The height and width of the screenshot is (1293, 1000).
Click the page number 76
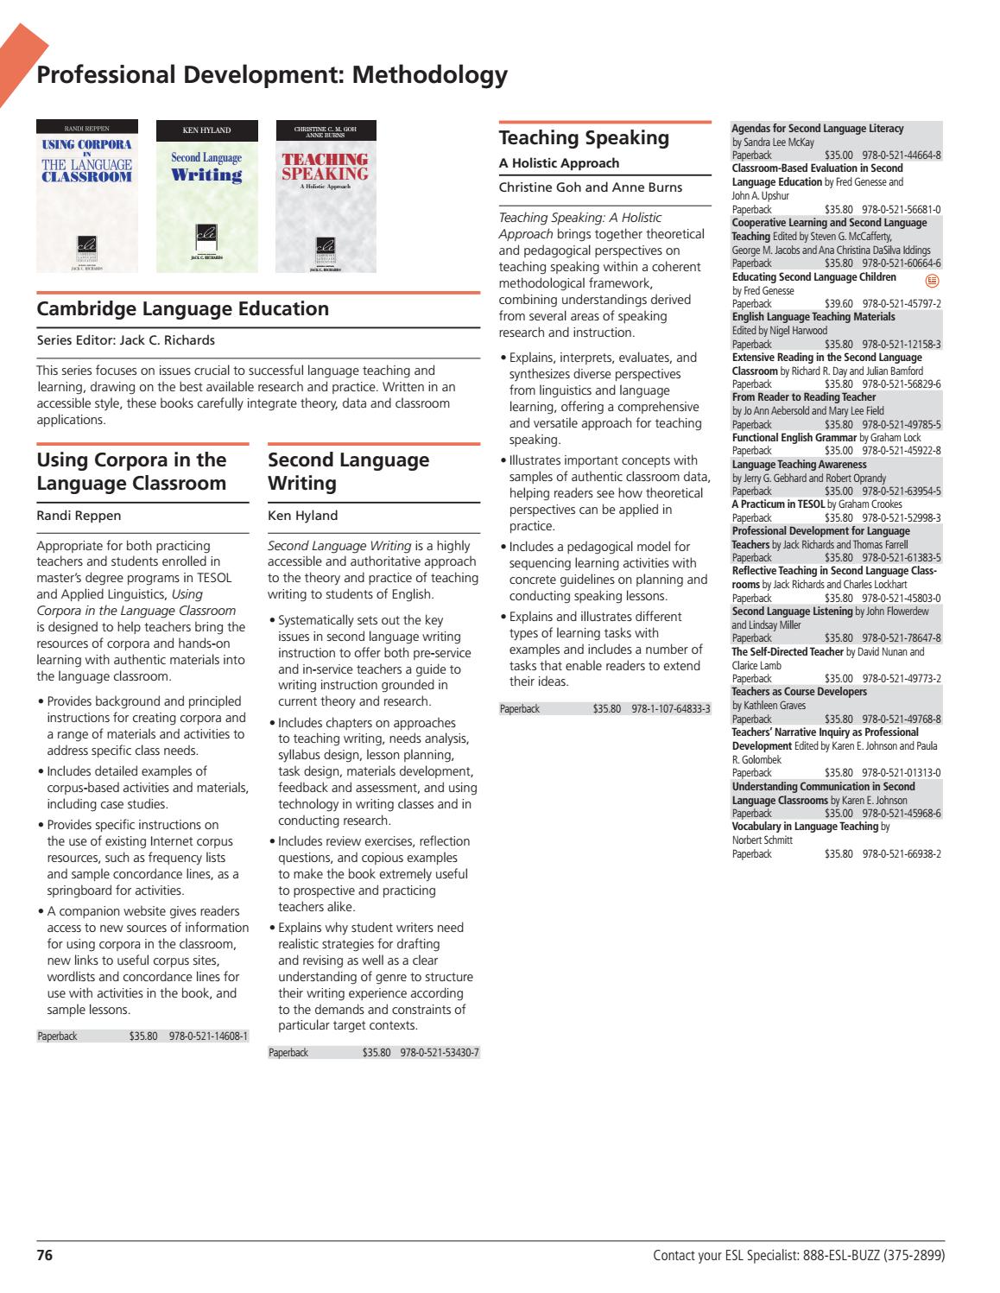click(x=45, y=1255)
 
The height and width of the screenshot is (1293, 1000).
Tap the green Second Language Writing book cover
click(x=206, y=196)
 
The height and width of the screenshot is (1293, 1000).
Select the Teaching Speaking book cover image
click(x=326, y=196)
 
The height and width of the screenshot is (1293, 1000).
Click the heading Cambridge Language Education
click(x=182, y=308)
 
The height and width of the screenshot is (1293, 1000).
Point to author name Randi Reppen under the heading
click(x=79, y=516)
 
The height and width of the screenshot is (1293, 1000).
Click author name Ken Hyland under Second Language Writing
click(x=302, y=516)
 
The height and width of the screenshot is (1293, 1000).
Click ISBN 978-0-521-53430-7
click(x=440, y=1053)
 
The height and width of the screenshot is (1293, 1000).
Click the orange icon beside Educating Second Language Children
click(x=931, y=280)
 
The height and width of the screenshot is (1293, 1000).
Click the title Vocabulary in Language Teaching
click(x=805, y=827)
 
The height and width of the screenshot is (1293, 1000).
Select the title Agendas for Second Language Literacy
click(x=817, y=129)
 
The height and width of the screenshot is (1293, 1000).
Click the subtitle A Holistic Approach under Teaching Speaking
click(x=559, y=163)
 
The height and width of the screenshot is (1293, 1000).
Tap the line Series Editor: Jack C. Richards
click(x=126, y=340)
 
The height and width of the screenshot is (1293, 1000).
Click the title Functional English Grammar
click(x=794, y=438)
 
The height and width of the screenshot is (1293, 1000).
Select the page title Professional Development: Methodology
click(x=271, y=75)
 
